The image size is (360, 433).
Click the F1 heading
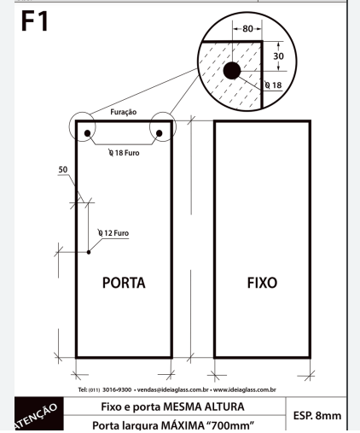(35, 20)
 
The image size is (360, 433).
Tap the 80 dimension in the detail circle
(247, 29)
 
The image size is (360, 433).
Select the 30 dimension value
(278, 56)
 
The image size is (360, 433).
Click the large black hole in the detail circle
(232, 71)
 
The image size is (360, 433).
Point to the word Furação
(124, 112)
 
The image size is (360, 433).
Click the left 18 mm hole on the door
(87, 133)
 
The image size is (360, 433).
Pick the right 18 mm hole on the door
(160, 133)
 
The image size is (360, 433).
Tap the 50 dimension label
(63, 170)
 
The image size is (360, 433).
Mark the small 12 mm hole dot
(89, 252)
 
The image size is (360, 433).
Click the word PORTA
(124, 283)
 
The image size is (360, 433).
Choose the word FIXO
(262, 283)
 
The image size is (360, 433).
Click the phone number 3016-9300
(117, 389)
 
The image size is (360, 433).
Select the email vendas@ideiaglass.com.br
(173, 389)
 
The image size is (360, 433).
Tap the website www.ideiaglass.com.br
(245, 389)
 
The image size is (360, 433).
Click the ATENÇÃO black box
(39, 413)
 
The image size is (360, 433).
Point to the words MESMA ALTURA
(204, 407)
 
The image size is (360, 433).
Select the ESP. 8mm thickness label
(317, 416)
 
